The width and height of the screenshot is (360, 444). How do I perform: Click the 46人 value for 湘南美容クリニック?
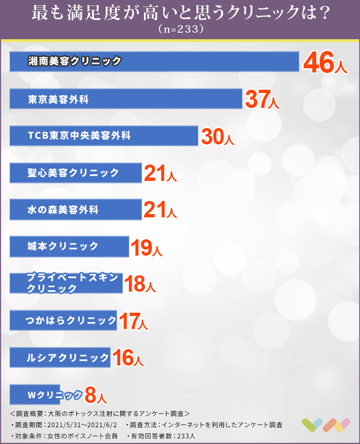click(325, 63)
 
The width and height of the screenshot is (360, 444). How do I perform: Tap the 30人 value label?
click(218, 136)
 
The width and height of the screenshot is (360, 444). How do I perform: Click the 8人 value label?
click(96, 396)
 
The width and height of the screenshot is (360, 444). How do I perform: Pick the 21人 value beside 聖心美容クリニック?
click(160, 173)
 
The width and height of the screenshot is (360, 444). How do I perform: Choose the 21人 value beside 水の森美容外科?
click(160, 210)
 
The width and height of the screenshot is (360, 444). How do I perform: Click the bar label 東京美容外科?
click(58, 99)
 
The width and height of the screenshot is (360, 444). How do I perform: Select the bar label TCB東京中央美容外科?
click(79, 136)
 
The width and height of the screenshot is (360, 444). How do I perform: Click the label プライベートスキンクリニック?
click(72, 283)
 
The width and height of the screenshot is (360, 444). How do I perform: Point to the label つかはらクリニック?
click(71, 321)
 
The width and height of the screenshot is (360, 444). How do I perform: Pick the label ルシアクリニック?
click(68, 358)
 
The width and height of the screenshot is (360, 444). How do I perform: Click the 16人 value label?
click(128, 358)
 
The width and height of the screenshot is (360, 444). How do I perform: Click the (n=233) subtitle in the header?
click(180, 29)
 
